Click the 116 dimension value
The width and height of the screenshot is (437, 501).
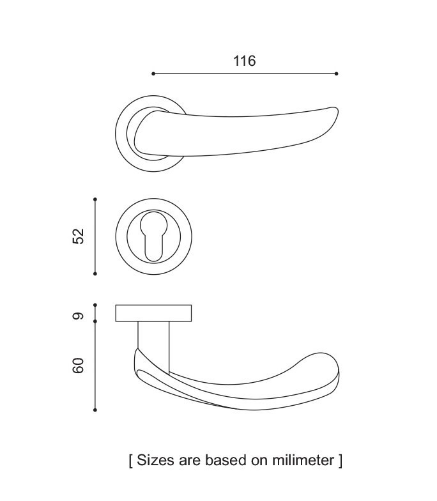pos(244,61)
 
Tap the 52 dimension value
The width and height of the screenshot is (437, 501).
pos(78,236)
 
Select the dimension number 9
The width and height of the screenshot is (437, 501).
pos(78,316)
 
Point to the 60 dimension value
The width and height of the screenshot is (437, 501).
pos(78,366)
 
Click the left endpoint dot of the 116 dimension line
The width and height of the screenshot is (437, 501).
pos(153,74)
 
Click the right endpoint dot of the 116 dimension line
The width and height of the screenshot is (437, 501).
pos(336,74)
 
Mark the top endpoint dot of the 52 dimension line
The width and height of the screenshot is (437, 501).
pos(95,199)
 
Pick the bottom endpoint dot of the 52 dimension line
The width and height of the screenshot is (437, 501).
pos(95,274)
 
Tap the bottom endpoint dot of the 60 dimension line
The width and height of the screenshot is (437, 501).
pos(95,410)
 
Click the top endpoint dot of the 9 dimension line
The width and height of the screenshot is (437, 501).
pos(95,305)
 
